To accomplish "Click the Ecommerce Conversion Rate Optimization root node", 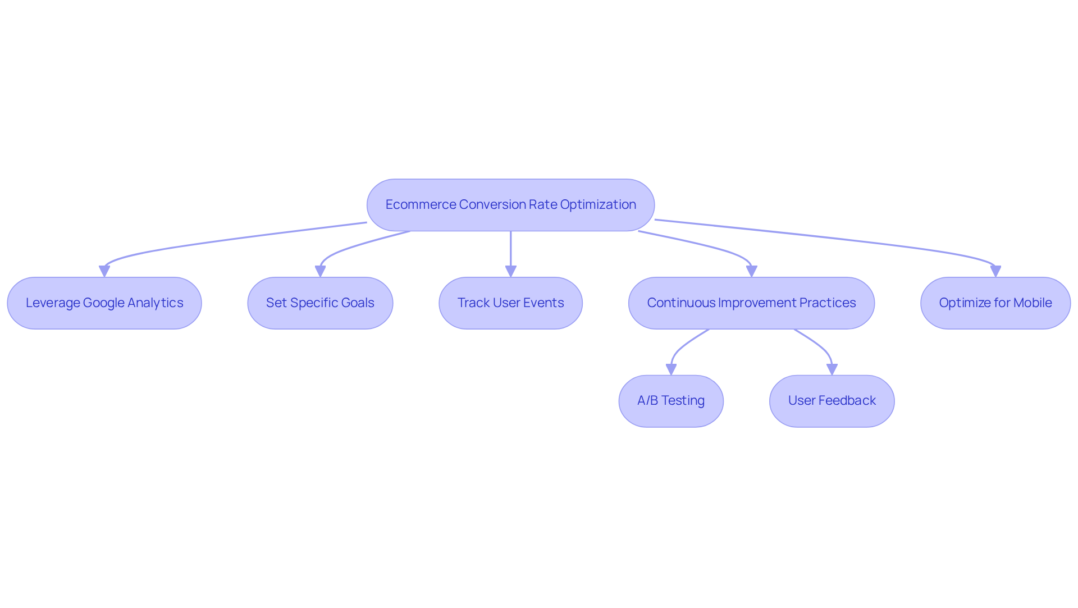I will click(x=510, y=205).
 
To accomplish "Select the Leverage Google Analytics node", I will click(x=104, y=303).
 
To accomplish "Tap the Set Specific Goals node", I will click(x=320, y=303).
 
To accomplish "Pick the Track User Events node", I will click(x=510, y=303).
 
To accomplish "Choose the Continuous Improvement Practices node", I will click(x=751, y=303).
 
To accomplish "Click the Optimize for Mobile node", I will click(x=995, y=303).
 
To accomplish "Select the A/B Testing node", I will click(x=671, y=401).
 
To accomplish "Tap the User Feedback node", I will click(x=832, y=401).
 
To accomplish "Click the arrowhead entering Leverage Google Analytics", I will click(x=104, y=271).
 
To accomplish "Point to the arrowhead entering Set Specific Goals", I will click(x=320, y=271).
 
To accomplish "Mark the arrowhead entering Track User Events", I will click(x=510, y=271).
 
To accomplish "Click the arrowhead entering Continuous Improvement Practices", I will click(x=751, y=271).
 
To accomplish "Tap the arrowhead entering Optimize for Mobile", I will click(x=995, y=271).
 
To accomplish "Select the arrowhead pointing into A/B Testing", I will click(x=671, y=369).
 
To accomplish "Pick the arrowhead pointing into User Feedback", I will click(x=832, y=369).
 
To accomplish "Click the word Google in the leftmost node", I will click(x=103, y=303).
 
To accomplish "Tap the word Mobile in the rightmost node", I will click(x=1033, y=303).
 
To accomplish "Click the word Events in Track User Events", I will click(x=543, y=303).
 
